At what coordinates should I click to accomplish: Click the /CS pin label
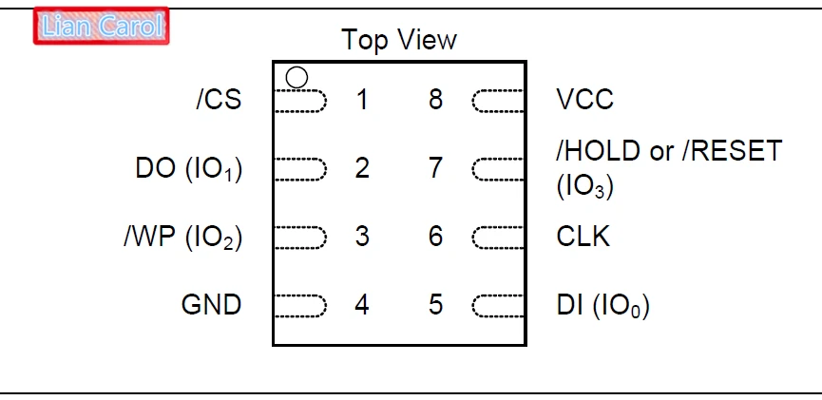click(x=220, y=99)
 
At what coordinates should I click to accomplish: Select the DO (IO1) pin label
click(x=189, y=169)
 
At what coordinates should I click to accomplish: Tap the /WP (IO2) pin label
click(x=183, y=238)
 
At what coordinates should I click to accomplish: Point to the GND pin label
click(x=211, y=305)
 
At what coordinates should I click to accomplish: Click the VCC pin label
click(x=584, y=99)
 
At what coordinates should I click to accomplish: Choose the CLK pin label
click(x=583, y=237)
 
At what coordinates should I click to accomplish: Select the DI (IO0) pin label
click(x=602, y=306)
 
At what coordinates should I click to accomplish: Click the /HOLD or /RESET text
click(x=669, y=151)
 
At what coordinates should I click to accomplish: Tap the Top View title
click(x=399, y=40)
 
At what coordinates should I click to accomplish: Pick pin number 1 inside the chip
click(x=362, y=100)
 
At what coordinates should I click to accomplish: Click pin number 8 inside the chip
click(x=435, y=100)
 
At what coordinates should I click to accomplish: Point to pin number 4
click(x=362, y=305)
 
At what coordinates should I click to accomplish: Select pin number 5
click(x=435, y=305)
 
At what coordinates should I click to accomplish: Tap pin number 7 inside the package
click(x=435, y=168)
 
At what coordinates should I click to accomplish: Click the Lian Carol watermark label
click(x=102, y=26)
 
